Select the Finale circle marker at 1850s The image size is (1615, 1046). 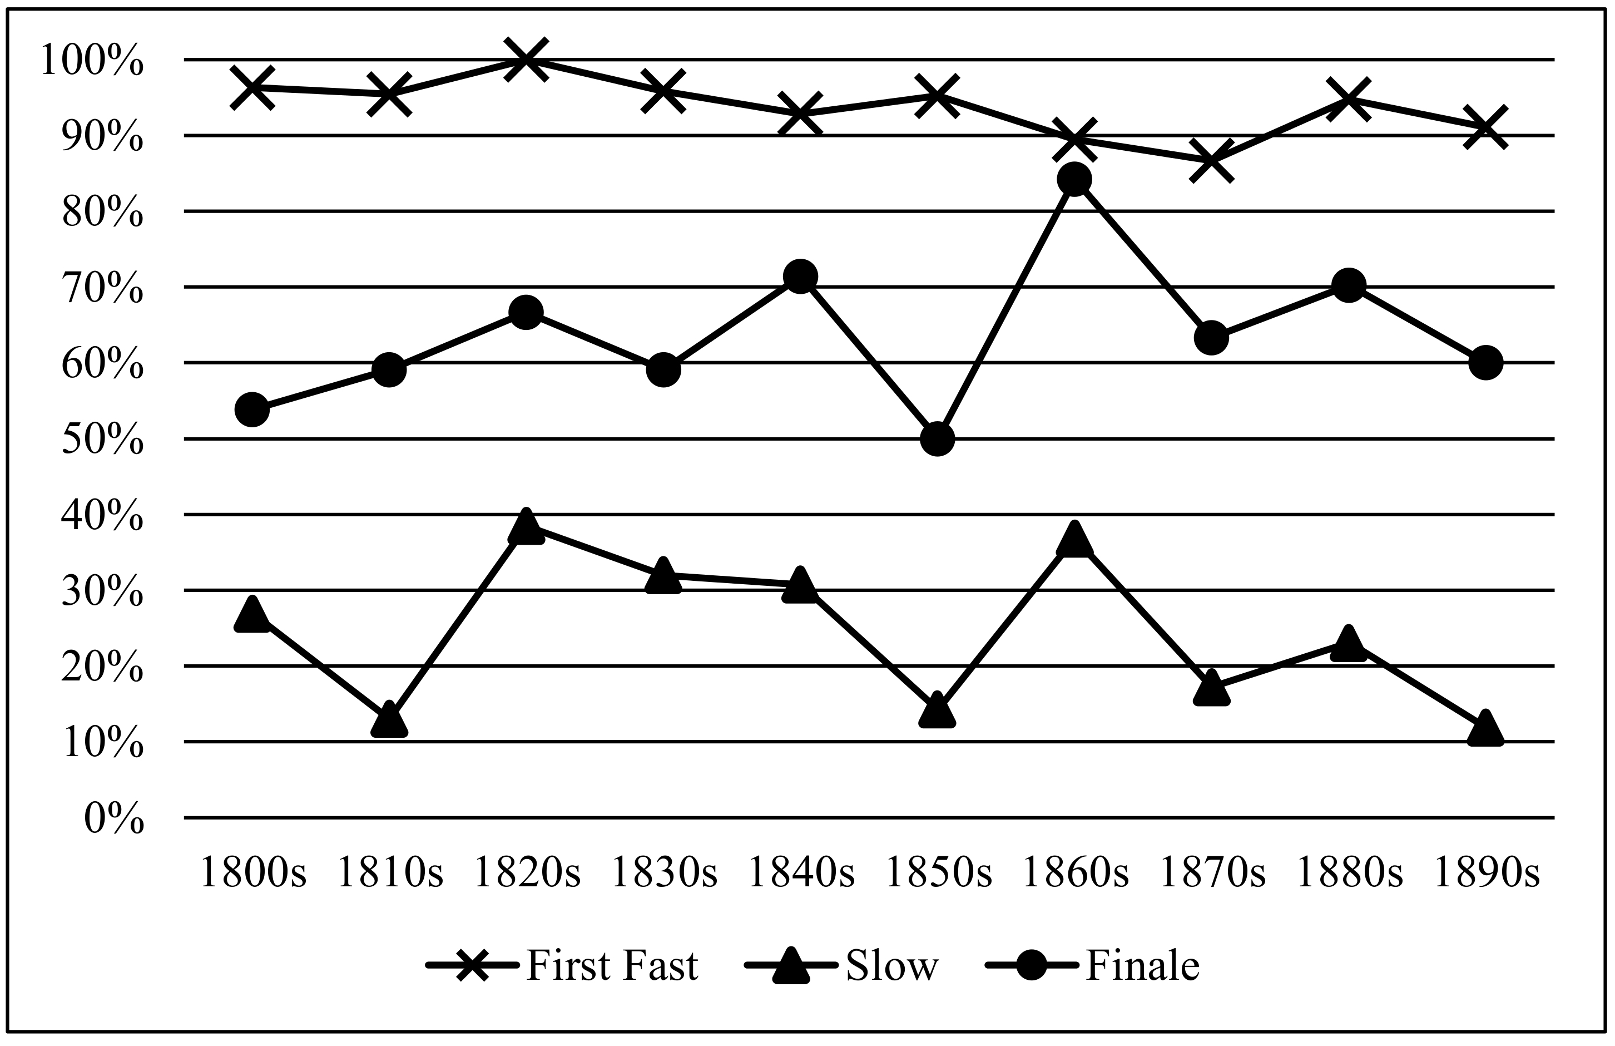click(937, 439)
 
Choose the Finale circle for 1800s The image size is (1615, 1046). click(252, 409)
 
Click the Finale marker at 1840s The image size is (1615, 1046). click(800, 277)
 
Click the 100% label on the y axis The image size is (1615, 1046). click(92, 61)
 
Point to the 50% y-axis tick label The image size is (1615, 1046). click(102, 441)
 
